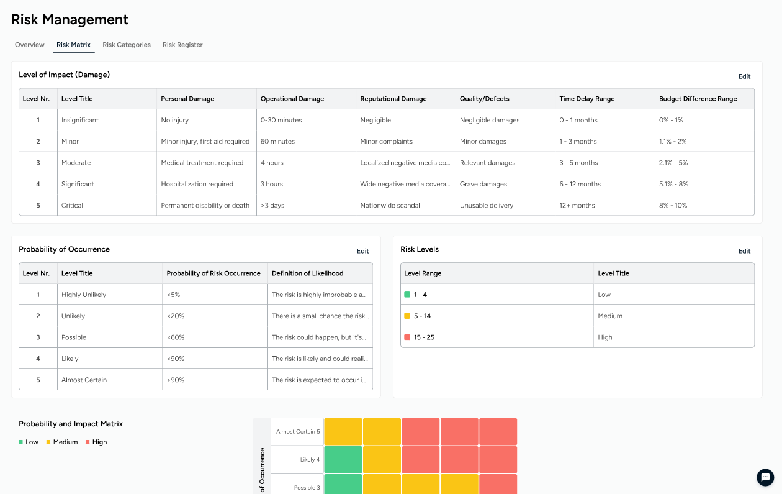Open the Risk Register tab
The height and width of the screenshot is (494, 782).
click(182, 45)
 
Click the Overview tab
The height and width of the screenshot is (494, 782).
click(30, 45)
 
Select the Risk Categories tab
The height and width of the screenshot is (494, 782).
click(127, 45)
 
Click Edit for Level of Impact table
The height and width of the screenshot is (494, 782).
click(744, 76)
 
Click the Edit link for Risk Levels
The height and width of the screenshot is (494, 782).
click(744, 251)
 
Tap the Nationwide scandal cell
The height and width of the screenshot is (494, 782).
click(390, 206)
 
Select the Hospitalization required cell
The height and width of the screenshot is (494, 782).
click(197, 185)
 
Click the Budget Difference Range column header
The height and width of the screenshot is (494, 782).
click(698, 99)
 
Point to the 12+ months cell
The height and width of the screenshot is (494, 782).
click(577, 206)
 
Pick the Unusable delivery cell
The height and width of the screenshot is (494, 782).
click(486, 206)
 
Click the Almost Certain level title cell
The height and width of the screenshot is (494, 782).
click(84, 380)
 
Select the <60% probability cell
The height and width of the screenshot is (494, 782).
click(176, 337)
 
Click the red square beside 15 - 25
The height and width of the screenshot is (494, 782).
click(407, 337)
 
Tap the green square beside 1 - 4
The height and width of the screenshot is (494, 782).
click(407, 295)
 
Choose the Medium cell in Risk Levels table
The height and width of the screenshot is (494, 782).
click(609, 316)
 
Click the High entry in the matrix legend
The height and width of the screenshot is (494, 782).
click(96, 442)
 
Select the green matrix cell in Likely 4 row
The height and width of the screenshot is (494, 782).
click(343, 460)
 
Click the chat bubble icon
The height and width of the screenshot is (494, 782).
click(765, 477)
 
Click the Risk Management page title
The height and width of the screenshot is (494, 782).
click(70, 19)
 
